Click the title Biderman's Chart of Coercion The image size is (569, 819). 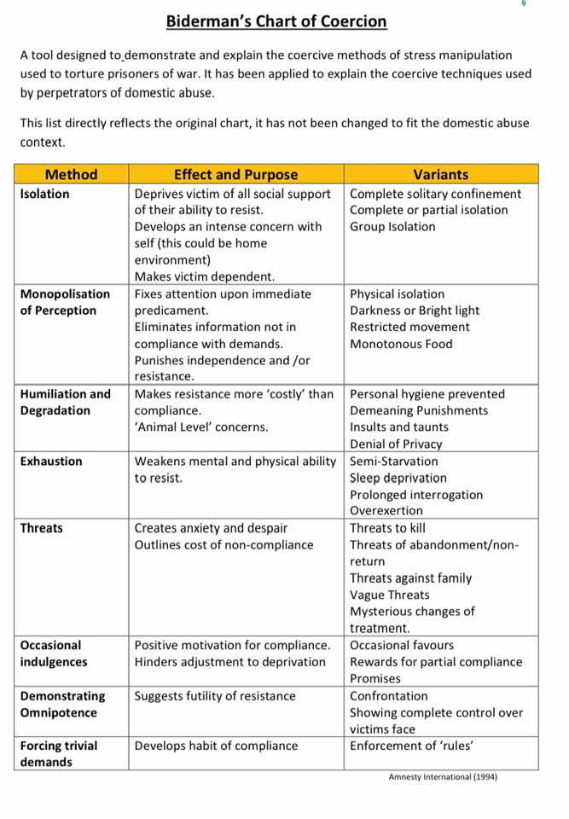click(276, 21)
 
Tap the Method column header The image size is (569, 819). click(72, 175)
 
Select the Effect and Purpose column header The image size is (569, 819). click(235, 175)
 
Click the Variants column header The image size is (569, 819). click(440, 175)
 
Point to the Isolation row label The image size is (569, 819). click(45, 194)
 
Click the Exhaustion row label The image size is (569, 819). click(51, 462)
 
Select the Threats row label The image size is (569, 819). click(42, 528)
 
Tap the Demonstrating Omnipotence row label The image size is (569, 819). click(62, 704)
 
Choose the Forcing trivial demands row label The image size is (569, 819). click(59, 753)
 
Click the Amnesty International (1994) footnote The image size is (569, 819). click(442, 777)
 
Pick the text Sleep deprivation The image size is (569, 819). click(398, 478)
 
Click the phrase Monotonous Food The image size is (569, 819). click(401, 344)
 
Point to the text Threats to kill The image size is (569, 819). click(388, 528)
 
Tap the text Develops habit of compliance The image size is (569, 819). click(217, 746)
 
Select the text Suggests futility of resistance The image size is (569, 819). click(215, 696)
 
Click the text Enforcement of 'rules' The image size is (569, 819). click(412, 746)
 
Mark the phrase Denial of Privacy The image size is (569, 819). click(396, 444)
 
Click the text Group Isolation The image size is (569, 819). click(392, 227)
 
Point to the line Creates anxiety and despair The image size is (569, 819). click(212, 528)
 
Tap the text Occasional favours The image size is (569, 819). click(402, 645)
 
